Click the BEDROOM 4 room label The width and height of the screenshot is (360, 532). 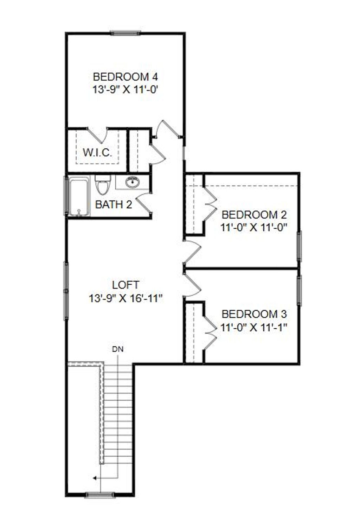point(125,76)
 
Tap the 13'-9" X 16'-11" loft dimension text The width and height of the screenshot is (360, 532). point(125,299)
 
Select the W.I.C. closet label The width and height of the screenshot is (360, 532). point(97,153)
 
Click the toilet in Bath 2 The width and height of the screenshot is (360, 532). point(103,184)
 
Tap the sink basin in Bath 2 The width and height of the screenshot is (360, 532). point(133,182)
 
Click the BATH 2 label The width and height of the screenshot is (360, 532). point(114,204)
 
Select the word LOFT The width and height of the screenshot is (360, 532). point(126,285)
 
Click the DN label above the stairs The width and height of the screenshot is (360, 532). point(118,349)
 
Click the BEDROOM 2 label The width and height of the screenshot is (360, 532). point(254,214)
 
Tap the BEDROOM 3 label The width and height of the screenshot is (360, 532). point(254,313)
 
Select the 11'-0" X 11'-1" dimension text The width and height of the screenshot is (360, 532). point(254,328)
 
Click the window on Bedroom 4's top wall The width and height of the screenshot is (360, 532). point(125,33)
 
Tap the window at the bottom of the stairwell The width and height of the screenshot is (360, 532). point(100,495)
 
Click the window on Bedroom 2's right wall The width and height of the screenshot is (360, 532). point(299,246)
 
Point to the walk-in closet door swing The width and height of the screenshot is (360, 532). point(98,134)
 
